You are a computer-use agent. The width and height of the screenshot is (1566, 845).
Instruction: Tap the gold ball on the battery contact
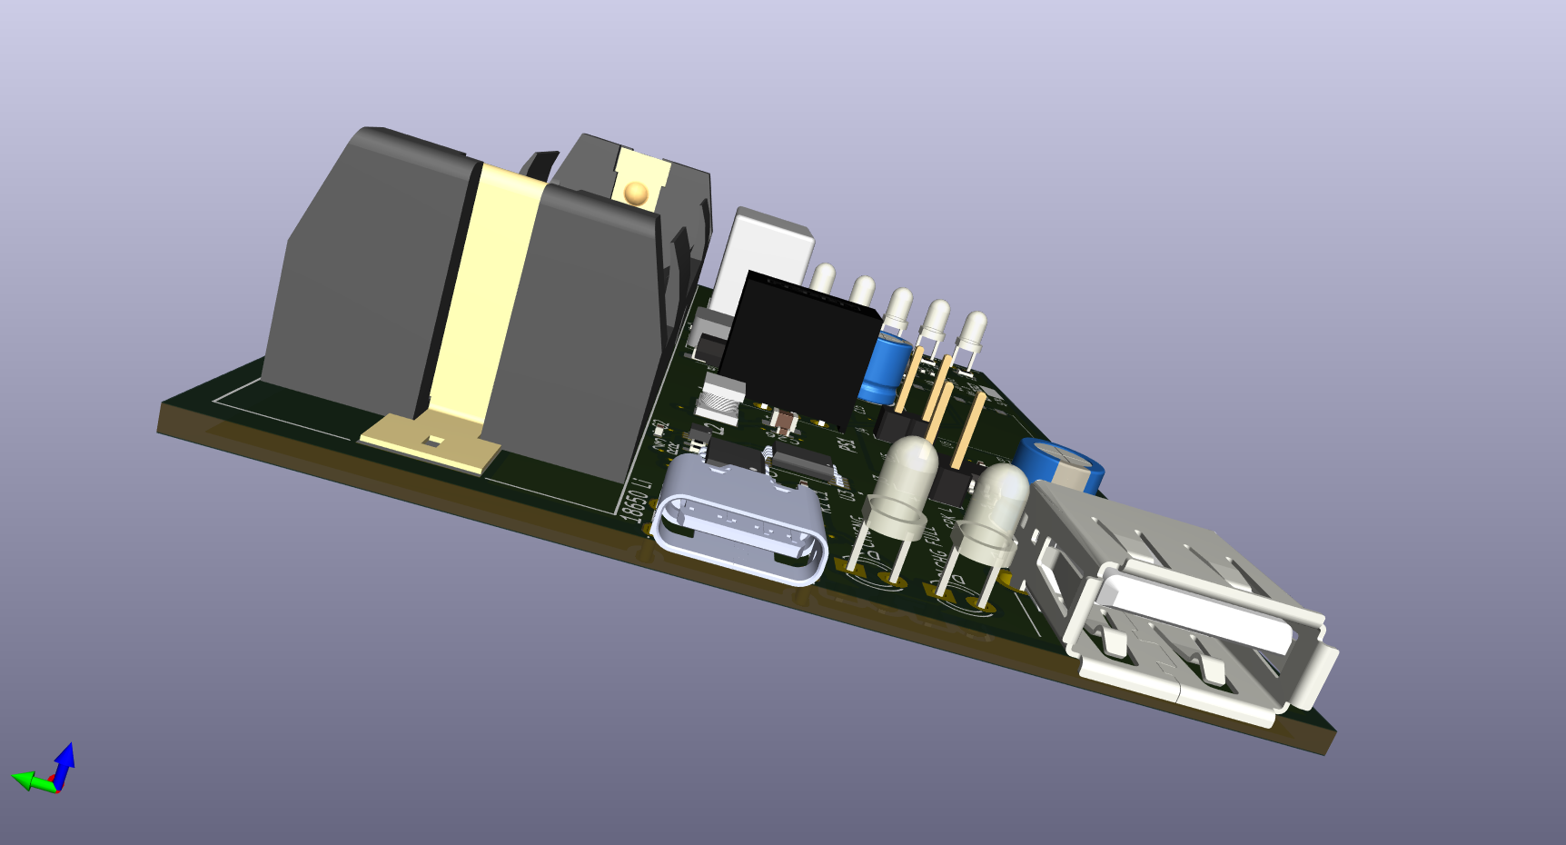click(636, 193)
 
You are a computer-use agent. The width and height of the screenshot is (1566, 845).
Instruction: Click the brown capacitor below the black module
click(783, 421)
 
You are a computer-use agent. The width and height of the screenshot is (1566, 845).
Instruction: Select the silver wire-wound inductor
click(722, 399)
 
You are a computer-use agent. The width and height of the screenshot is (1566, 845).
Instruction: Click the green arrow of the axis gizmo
click(27, 780)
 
